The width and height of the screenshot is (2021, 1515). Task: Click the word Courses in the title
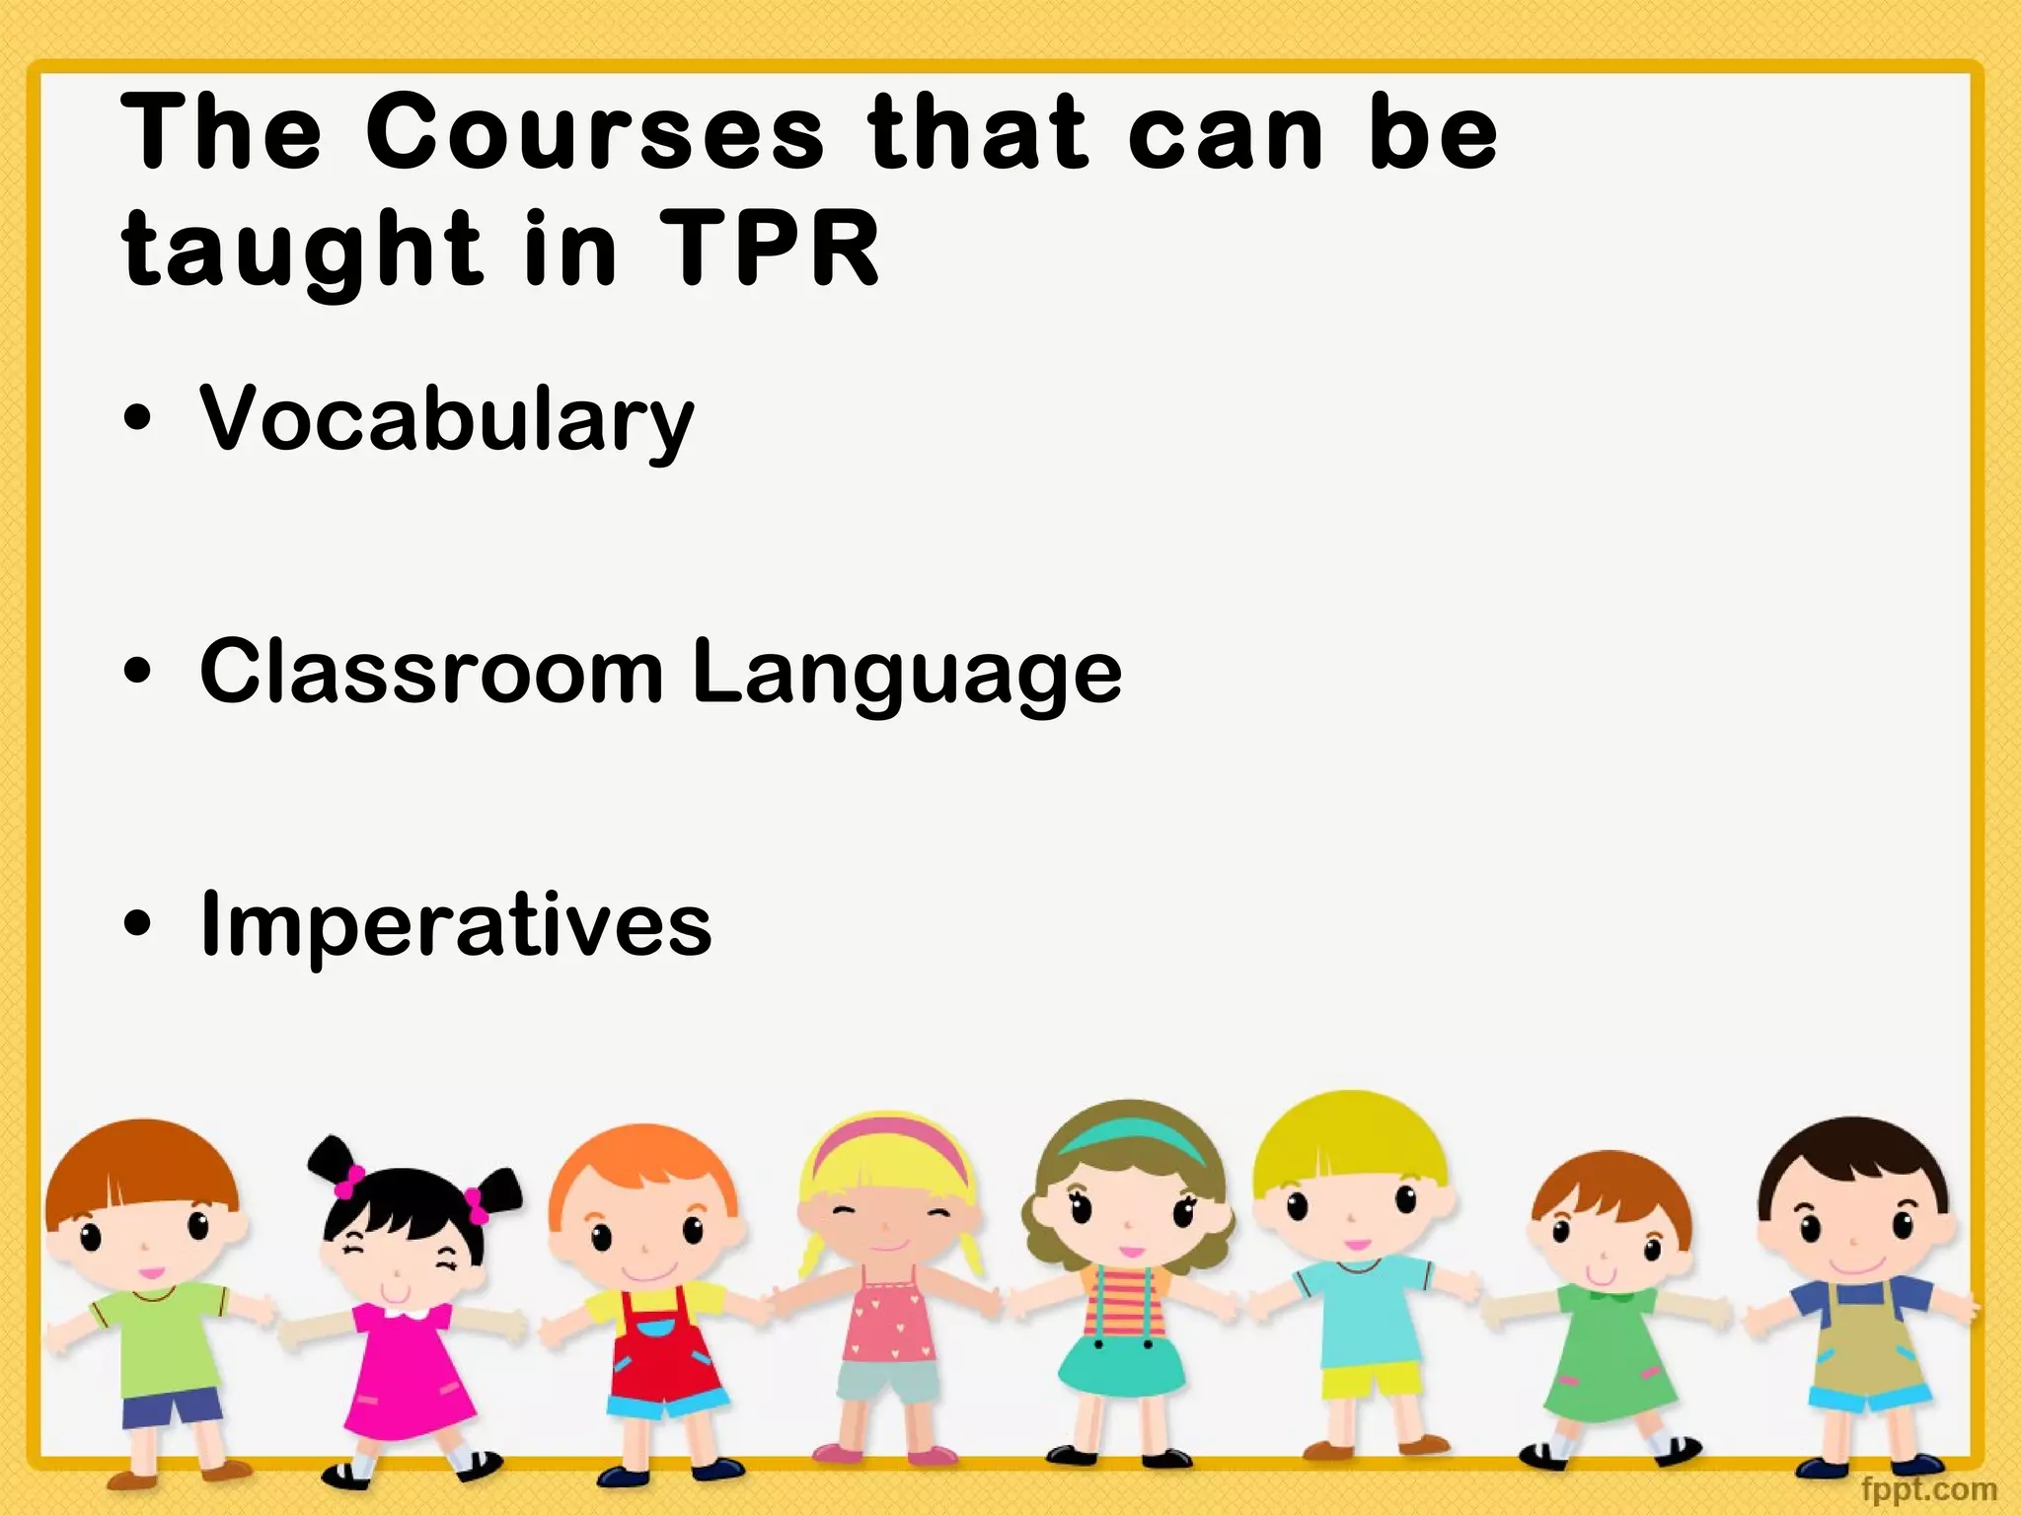594,133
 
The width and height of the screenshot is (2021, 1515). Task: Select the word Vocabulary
447,419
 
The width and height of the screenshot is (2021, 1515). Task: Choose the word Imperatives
455,925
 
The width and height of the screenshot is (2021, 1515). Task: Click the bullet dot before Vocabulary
139,420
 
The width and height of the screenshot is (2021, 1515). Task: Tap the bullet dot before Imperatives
139,925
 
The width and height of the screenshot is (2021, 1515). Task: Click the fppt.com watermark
1928,1488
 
